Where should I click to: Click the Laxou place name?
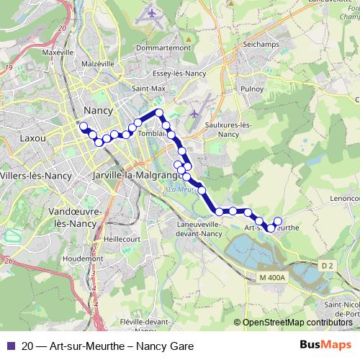[x=33, y=136]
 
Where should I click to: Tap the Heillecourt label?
[x=121, y=238]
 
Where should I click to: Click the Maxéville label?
[x=58, y=53]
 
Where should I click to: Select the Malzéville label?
[x=99, y=63]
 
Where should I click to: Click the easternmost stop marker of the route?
[x=278, y=220]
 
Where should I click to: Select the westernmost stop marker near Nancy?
[x=84, y=127]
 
